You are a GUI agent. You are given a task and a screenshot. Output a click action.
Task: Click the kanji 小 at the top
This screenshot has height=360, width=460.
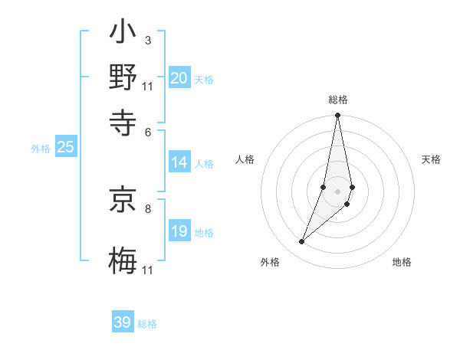tap(123, 34)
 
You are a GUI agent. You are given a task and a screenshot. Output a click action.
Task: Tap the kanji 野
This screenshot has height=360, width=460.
tap(123, 78)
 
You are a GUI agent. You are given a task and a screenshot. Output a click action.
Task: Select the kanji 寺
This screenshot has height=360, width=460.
tap(123, 122)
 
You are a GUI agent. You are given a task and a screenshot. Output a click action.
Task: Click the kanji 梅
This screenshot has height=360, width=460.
tap(123, 259)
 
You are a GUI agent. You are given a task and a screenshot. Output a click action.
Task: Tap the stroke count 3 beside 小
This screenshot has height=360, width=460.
tap(147, 40)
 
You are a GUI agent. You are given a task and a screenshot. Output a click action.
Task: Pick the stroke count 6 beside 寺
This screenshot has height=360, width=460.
tap(147, 131)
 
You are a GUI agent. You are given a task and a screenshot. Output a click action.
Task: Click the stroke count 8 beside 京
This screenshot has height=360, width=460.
tap(147, 208)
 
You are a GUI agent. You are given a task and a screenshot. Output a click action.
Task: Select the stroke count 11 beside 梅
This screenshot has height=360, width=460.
tap(148, 270)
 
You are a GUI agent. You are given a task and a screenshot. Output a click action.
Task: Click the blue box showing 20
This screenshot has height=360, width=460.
tap(179, 78)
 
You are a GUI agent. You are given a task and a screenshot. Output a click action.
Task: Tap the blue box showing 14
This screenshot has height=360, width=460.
tap(179, 162)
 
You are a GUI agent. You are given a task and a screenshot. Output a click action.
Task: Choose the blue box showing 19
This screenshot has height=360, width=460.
tap(179, 231)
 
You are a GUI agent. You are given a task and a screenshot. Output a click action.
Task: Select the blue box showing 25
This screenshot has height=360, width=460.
tap(66, 148)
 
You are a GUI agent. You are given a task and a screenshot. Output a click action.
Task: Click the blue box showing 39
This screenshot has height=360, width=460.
tap(123, 322)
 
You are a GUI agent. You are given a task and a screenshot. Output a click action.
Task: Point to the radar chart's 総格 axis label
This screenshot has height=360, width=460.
tap(337, 100)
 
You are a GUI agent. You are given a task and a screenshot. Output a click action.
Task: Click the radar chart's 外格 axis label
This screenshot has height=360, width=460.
tap(270, 263)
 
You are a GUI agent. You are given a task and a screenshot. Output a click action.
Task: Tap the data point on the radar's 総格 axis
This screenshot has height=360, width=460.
tap(337, 116)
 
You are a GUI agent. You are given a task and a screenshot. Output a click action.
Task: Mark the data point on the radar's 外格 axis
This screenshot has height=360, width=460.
tap(301, 242)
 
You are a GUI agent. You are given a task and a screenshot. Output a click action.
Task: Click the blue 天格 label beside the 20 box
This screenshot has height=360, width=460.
tap(204, 80)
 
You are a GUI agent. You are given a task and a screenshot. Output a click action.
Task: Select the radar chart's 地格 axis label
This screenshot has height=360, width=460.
tap(402, 263)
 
